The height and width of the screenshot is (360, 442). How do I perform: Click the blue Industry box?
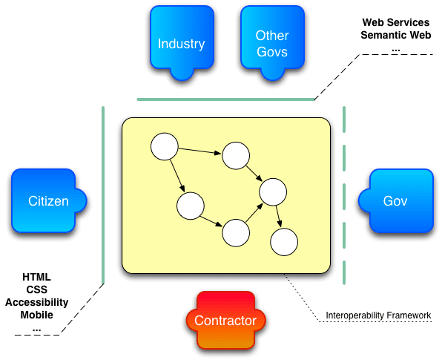(x=181, y=43)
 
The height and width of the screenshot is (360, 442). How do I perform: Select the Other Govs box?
(x=271, y=43)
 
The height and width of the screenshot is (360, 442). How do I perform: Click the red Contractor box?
(x=225, y=321)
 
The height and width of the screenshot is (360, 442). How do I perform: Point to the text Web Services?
(x=395, y=23)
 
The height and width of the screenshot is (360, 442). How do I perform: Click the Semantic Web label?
(x=395, y=35)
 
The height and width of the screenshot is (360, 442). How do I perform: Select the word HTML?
(x=37, y=277)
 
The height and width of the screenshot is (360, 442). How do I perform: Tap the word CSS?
(x=37, y=289)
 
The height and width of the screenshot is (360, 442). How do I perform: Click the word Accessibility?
(x=37, y=302)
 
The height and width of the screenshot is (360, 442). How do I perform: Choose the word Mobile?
(x=37, y=315)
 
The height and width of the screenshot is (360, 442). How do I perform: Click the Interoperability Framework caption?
(x=378, y=315)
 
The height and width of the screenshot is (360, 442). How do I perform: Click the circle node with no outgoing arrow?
(x=284, y=242)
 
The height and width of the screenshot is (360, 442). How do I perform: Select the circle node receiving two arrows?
(x=272, y=192)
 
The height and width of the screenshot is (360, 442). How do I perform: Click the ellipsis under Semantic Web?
(x=395, y=48)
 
